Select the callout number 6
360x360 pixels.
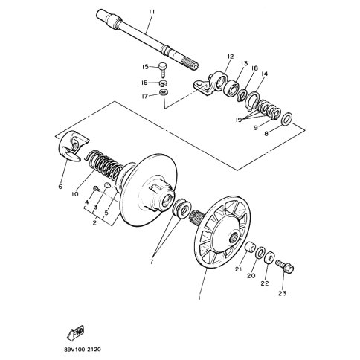[60, 187]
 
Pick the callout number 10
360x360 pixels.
[75, 194]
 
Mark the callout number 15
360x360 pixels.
[146, 66]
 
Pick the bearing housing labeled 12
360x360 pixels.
[216, 82]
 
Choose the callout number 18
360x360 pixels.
[254, 68]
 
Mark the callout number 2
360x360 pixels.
[94, 222]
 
